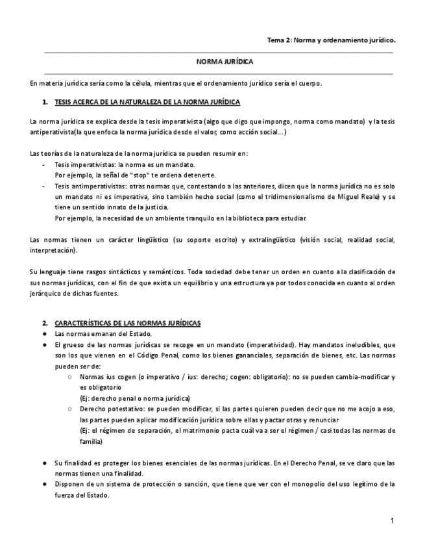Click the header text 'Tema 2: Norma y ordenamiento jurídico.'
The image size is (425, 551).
(x=331, y=40)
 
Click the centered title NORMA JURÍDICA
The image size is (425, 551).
(x=225, y=62)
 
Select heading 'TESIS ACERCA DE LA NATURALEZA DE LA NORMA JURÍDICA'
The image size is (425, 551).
(x=147, y=103)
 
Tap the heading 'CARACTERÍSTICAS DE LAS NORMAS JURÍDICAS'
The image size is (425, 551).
(x=128, y=323)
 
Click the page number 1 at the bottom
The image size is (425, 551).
(x=393, y=521)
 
